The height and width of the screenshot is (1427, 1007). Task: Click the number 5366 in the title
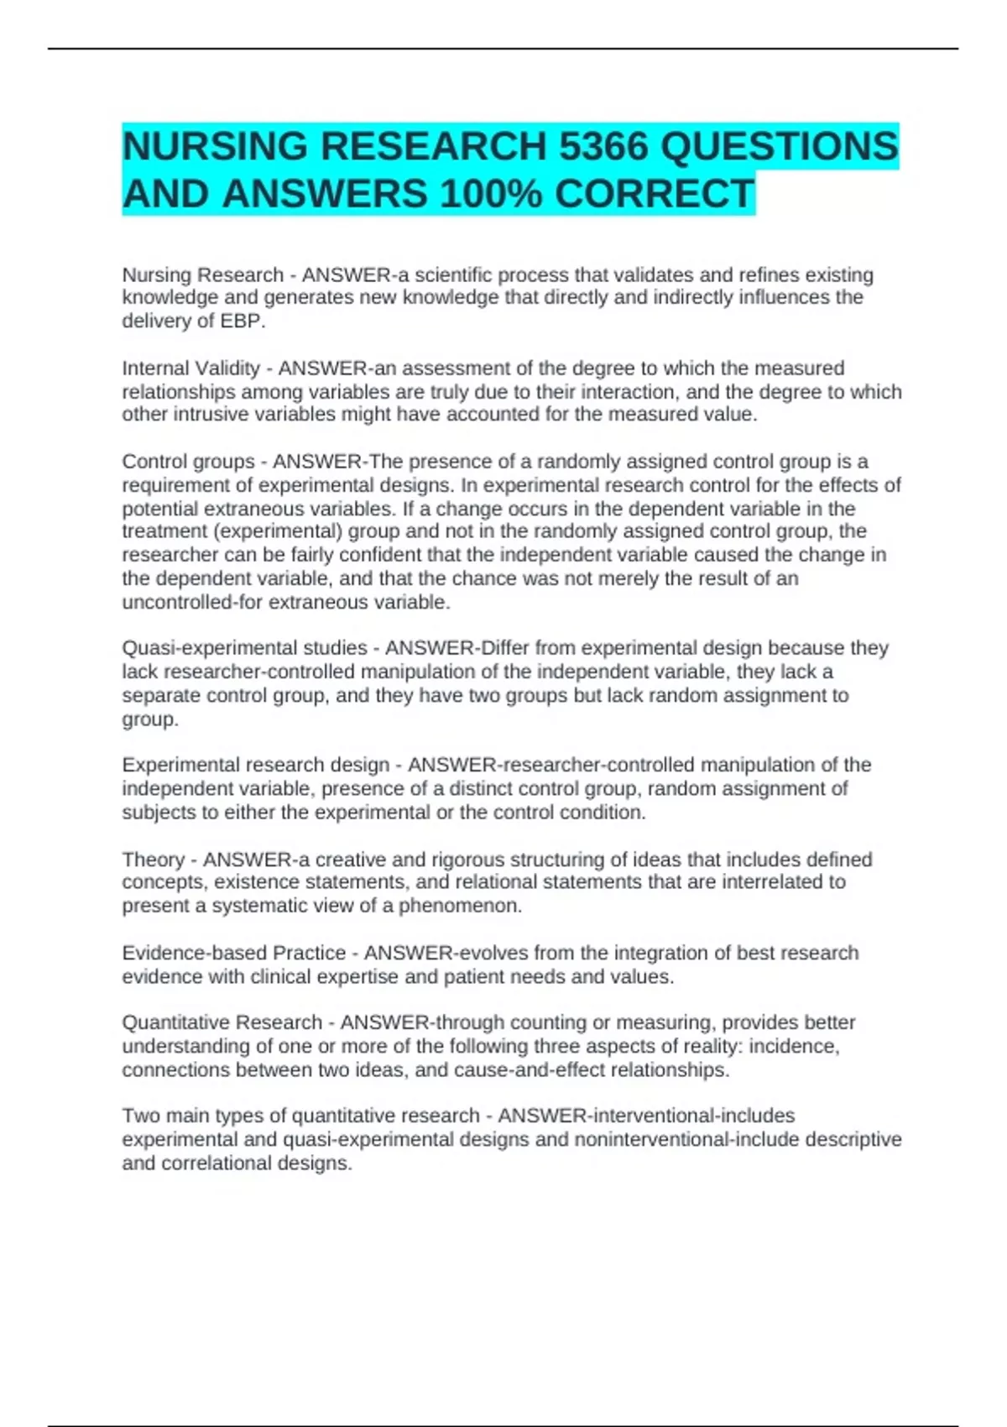click(x=603, y=147)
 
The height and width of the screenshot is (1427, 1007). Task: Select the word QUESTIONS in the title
click(x=780, y=147)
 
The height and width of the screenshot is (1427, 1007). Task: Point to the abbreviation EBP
click(x=242, y=321)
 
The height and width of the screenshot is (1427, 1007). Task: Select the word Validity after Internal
click(x=227, y=369)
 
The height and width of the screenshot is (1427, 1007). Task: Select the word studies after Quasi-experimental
click(x=333, y=648)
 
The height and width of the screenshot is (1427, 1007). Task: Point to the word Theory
click(x=153, y=860)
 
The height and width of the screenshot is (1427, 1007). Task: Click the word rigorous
click(x=469, y=860)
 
